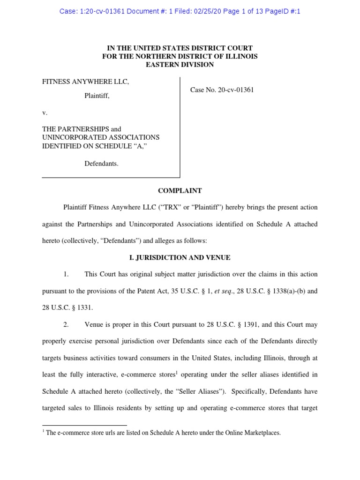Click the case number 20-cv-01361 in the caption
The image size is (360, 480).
click(x=235, y=90)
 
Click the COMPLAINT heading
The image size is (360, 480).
click(x=180, y=191)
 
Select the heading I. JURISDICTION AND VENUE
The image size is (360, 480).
click(x=180, y=257)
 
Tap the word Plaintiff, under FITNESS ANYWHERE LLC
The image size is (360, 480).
click(x=97, y=96)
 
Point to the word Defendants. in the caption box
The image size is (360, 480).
click(x=101, y=164)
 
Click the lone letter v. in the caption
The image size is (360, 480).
click(x=45, y=113)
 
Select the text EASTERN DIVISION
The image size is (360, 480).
click(x=180, y=65)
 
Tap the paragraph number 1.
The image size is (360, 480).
click(x=66, y=274)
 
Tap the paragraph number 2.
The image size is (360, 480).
click(x=66, y=324)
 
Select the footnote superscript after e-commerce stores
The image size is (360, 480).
click(x=177, y=373)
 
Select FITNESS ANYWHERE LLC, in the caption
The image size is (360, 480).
click(x=85, y=82)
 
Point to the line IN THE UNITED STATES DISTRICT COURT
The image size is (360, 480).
click(x=180, y=48)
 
